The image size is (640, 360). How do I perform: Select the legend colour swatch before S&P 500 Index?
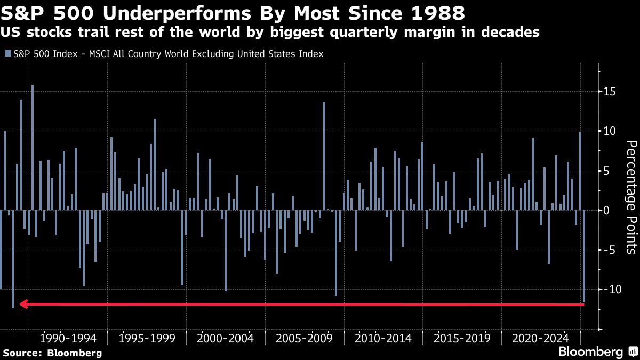point(7,54)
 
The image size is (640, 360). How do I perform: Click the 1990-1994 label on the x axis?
point(68,339)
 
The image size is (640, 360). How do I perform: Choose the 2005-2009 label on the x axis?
point(305,339)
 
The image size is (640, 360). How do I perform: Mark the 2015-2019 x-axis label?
point(462,339)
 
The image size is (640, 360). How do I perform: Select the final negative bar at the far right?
point(584,256)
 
